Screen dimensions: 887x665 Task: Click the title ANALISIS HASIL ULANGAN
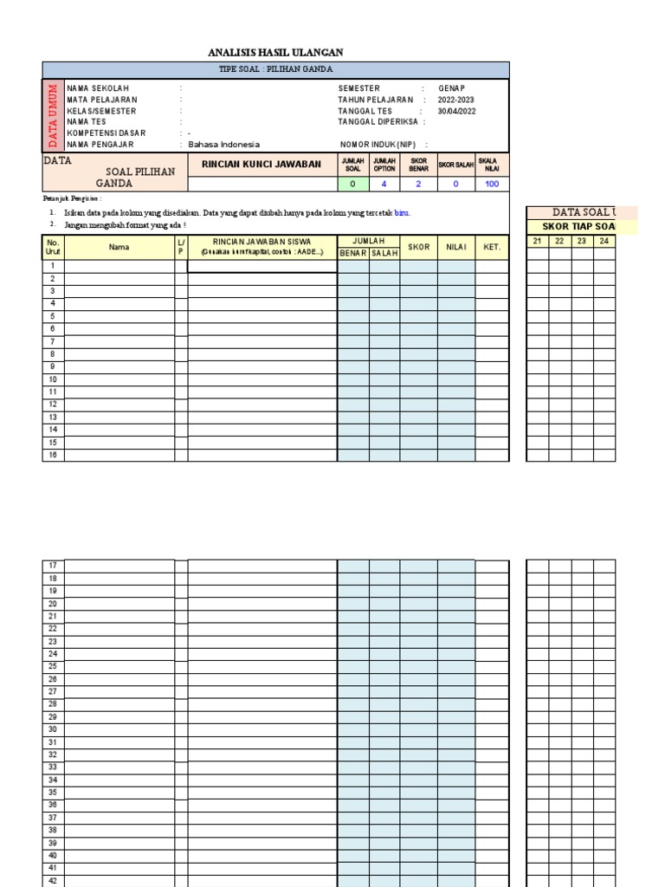275,53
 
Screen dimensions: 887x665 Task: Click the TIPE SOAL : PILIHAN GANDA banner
275,69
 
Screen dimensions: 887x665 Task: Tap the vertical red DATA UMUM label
53,114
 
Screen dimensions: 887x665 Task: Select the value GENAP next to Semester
451,88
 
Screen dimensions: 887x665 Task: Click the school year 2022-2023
455,100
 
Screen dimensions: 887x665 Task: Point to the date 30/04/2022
456,111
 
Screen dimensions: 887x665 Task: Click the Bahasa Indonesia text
223,145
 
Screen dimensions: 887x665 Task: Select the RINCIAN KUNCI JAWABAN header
261,164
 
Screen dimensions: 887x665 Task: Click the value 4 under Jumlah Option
384,185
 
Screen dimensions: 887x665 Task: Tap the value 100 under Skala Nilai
493,185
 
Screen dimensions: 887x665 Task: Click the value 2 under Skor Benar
418,185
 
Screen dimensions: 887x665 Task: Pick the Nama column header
119,247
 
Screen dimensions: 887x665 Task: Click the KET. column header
492,247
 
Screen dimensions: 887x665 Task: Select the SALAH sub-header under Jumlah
384,253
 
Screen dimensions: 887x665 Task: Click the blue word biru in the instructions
402,212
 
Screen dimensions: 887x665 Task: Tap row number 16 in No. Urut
53,455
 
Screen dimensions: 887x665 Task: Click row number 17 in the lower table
53,566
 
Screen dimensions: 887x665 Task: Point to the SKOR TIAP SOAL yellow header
572,227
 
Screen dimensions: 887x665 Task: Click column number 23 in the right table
582,241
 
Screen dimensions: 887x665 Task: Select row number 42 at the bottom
53,880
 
